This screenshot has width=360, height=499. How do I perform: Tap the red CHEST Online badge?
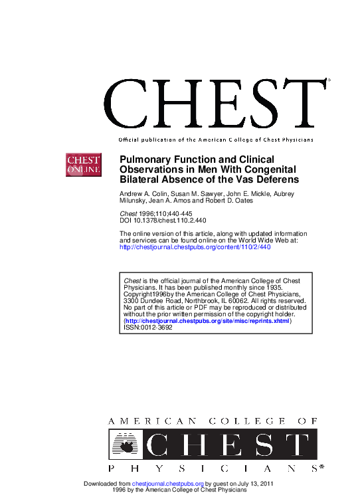point(82,164)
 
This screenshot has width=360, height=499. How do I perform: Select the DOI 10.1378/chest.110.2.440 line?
point(162,221)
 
